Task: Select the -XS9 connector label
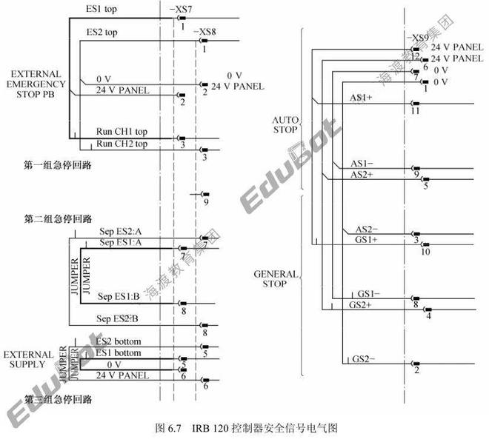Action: (x=419, y=37)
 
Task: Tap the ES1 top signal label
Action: (x=102, y=9)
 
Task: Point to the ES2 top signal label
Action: (x=102, y=33)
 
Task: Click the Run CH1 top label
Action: (x=122, y=132)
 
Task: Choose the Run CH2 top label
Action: (x=122, y=143)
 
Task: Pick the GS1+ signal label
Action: (x=367, y=240)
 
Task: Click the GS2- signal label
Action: (x=364, y=359)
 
